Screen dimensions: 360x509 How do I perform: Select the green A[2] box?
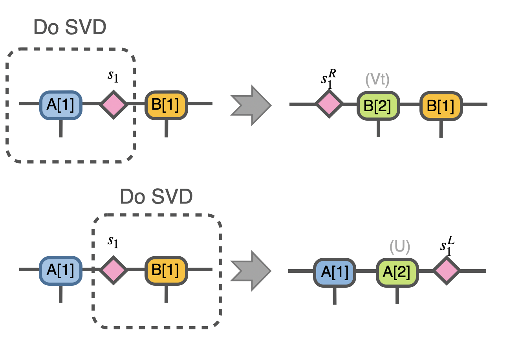click(397, 271)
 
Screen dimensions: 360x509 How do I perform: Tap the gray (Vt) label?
click(377, 80)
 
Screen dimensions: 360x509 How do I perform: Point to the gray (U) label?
click(399, 247)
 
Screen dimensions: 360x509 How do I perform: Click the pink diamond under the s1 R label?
click(330, 104)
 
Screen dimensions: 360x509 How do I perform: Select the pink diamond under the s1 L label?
click(447, 271)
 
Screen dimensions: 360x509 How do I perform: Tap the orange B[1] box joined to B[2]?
click(441, 105)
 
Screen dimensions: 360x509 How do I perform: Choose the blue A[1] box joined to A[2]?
click(334, 271)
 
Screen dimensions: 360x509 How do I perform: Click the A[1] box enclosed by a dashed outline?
click(60, 105)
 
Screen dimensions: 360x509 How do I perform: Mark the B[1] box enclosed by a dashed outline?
click(166, 270)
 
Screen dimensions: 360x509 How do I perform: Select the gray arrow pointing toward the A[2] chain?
click(251, 270)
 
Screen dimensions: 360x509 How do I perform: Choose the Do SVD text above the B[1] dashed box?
click(156, 197)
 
